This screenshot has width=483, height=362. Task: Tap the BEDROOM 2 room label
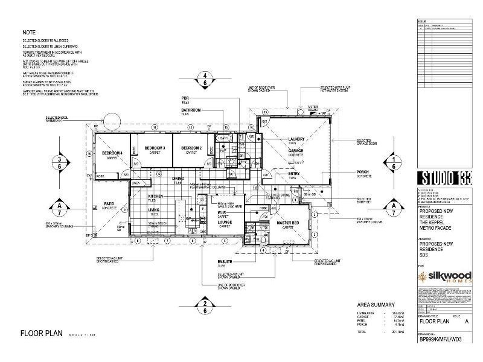tap(191, 148)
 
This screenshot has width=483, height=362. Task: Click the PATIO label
tap(109, 204)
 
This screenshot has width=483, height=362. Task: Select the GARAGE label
tap(295, 150)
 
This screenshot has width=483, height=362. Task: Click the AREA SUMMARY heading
tap(376, 304)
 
